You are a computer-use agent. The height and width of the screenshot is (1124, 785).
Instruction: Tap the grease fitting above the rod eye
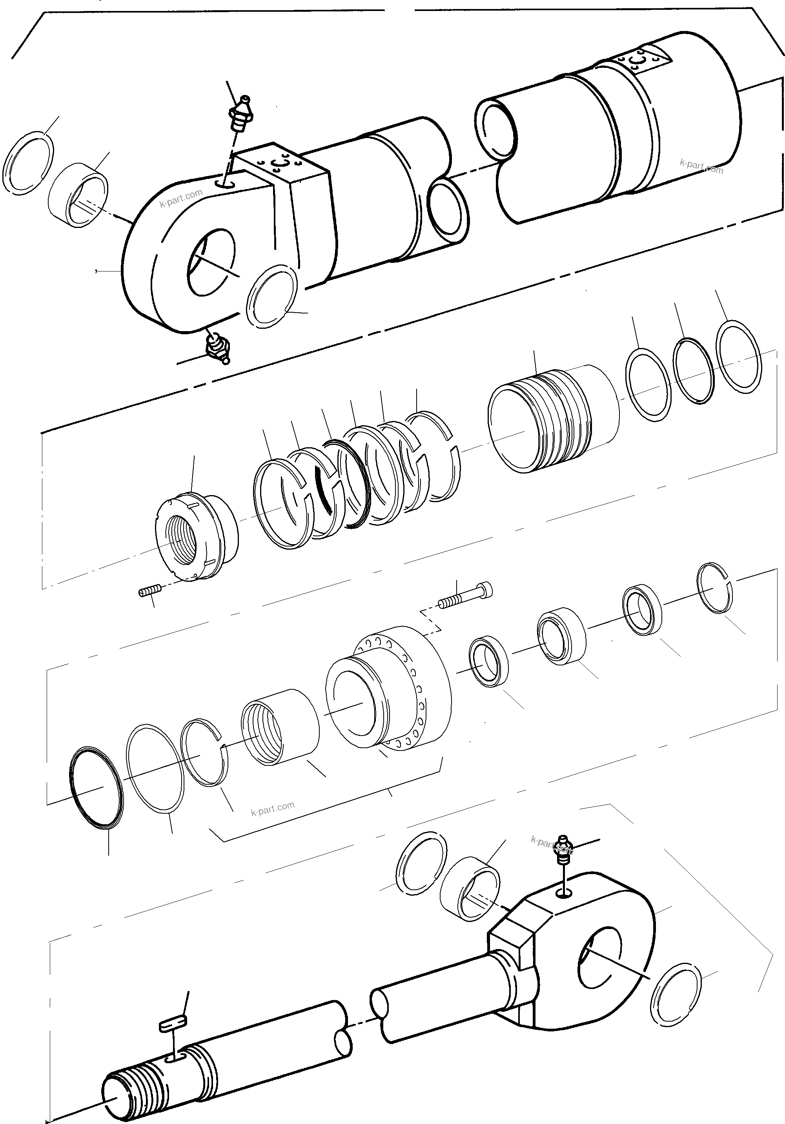click(563, 852)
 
